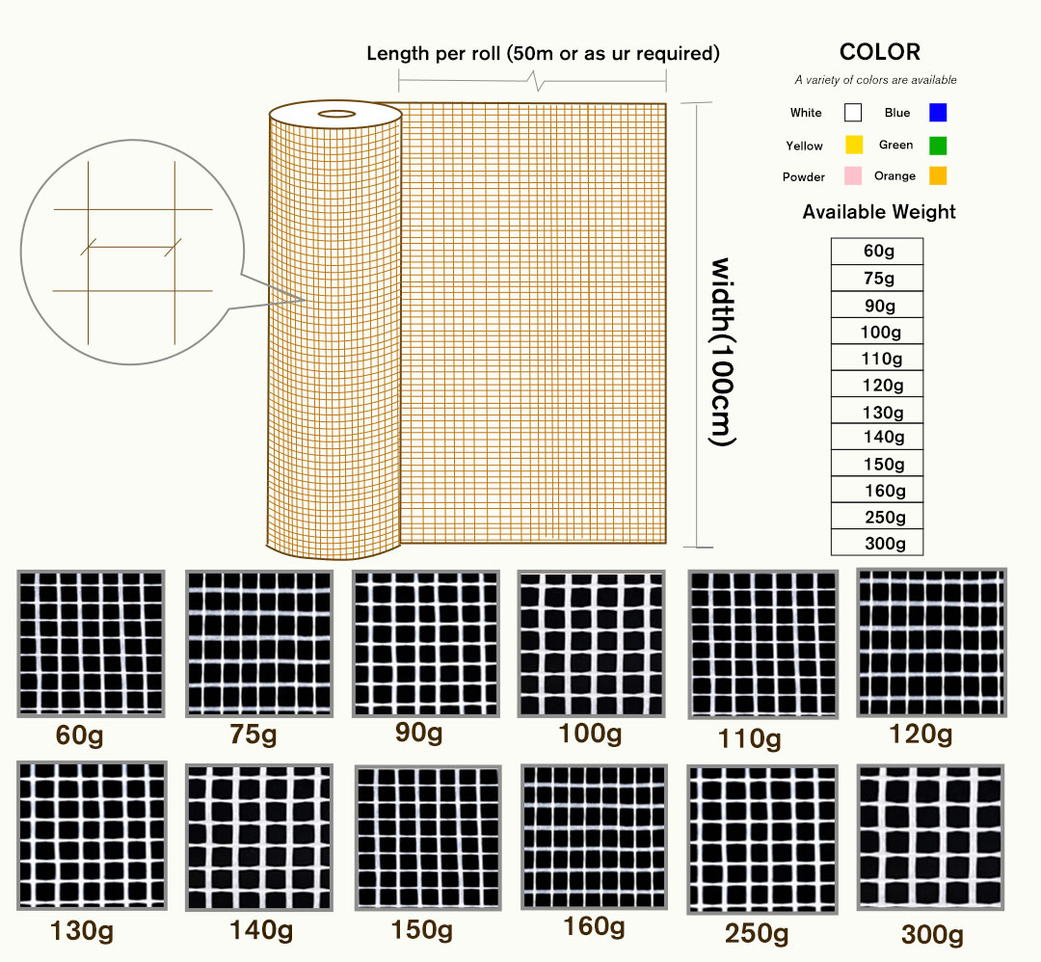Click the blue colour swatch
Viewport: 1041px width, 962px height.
pyautogui.click(x=938, y=113)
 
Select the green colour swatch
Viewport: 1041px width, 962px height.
pyautogui.click(x=938, y=146)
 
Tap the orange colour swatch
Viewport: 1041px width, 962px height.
pyautogui.click(x=938, y=176)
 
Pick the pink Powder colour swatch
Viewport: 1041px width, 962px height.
pyautogui.click(x=852, y=176)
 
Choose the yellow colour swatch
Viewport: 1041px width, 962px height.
pyautogui.click(x=853, y=146)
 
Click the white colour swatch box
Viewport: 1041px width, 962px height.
pyautogui.click(x=853, y=113)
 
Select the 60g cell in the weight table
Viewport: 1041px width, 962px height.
pyautogui.click(x=877, y=252)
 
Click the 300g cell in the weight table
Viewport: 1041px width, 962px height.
pyautogui.click(x=877, y=544)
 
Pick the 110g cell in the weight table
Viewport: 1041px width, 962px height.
pyautogui.click(x=877, y=359)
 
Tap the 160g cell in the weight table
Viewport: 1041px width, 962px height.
pyautogui.click(x=877, y=491)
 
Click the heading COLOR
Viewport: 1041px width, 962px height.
pyautogui.click(x=879, y=52)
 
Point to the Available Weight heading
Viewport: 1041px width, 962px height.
pyautogui.click(x=879, y=212)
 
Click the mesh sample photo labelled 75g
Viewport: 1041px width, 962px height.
pyautogui.click(x=260, y=644)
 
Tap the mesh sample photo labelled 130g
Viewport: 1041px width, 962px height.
pyautogui.click(x=92, y=836)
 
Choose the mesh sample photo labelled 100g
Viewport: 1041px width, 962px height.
pyautogui.click(x=592, y=644)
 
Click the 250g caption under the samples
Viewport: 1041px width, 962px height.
pyautogui.click(x=757, y=934)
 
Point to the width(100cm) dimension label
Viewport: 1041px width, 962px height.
pyautogui.click(x=723, y=352)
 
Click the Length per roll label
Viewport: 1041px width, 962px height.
pyautogui.click(x=543, y=54)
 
